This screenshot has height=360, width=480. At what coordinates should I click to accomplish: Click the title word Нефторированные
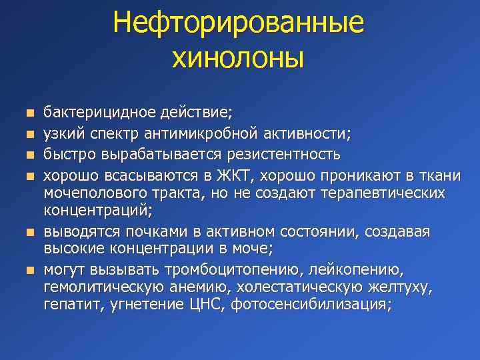pos(239,22)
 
